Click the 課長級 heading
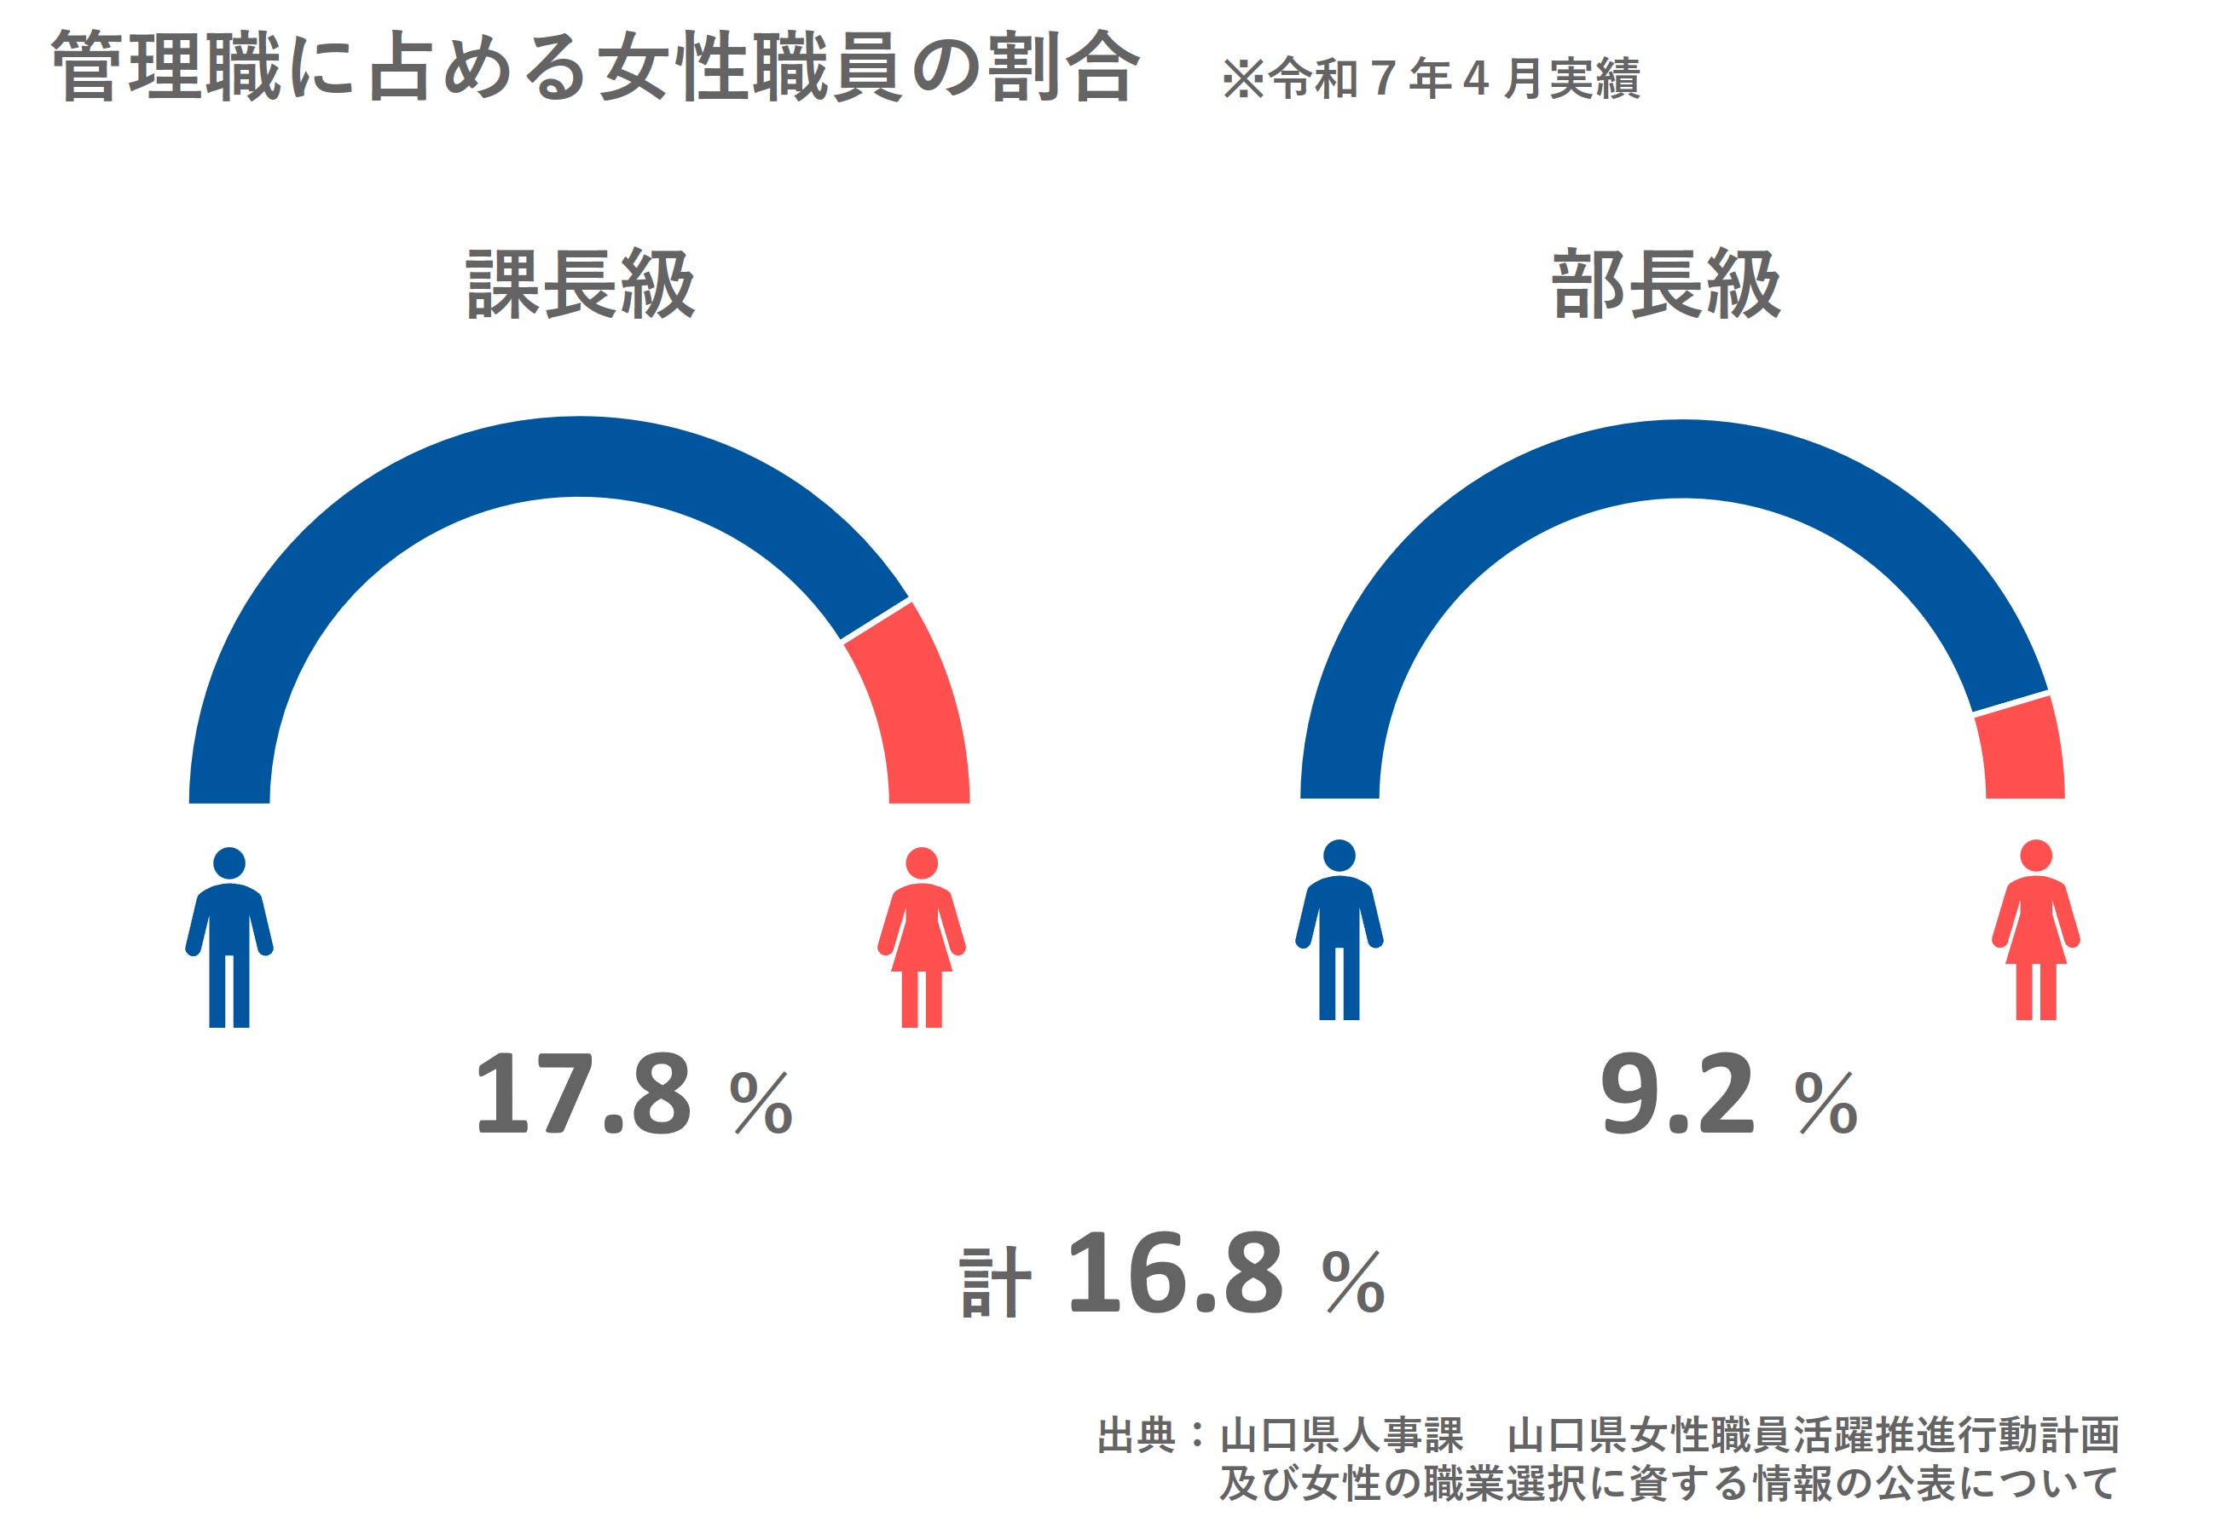[x=581, y=285]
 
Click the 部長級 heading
[x=1666, y=285]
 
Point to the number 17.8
[x=582, y=1095]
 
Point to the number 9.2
[x=1678, y=1095]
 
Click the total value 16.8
[x=1175, y=1273]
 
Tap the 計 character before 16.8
[x=995, y=1283]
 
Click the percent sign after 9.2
[x=1825, y=1103]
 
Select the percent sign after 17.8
[x=761, y=1103]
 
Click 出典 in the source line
[x=1137, y=1435]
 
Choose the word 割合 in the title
[x=1064, y=67]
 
